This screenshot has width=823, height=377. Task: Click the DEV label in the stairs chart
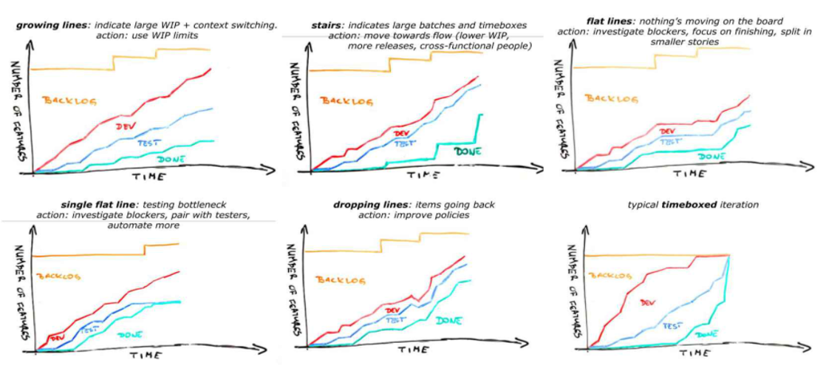[x=402, y=133]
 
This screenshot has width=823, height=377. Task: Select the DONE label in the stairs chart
[x=466, y=151]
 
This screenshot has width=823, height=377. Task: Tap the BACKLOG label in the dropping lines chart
[x=336, y=279]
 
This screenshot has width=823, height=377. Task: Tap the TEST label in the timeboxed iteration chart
[x=672, y=325]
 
